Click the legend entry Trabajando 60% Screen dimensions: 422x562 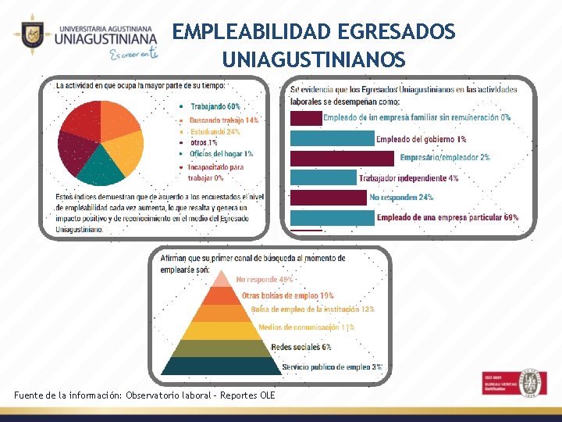pos(215,105)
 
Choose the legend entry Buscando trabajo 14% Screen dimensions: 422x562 pos(224,120)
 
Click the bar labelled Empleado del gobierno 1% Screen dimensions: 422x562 pos(331,139)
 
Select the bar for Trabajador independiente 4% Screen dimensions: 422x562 pos(323,177)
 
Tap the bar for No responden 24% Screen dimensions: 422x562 pos(329,197)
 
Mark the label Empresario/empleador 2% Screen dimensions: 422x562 pos(445,158)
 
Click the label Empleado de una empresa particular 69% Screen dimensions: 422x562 pos(447,217)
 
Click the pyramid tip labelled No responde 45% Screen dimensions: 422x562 pos(223,279)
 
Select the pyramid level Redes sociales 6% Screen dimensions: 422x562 pos(223,347)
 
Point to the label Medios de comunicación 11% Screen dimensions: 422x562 pos(306,327)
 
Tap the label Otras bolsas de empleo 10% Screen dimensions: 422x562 pos(287,295)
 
